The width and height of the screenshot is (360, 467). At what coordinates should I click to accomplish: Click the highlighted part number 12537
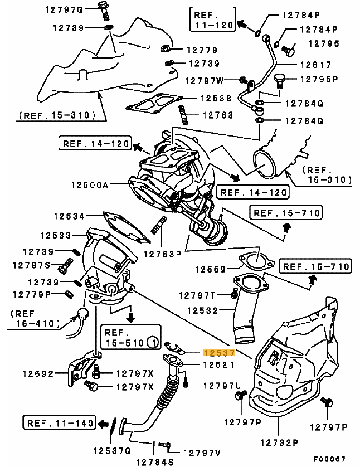click(219, 353)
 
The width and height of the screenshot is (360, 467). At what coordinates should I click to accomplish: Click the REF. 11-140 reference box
click(59, 423)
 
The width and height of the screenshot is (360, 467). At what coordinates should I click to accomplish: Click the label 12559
click(212, 270)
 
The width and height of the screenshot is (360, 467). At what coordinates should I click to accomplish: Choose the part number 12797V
click(201, 453)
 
